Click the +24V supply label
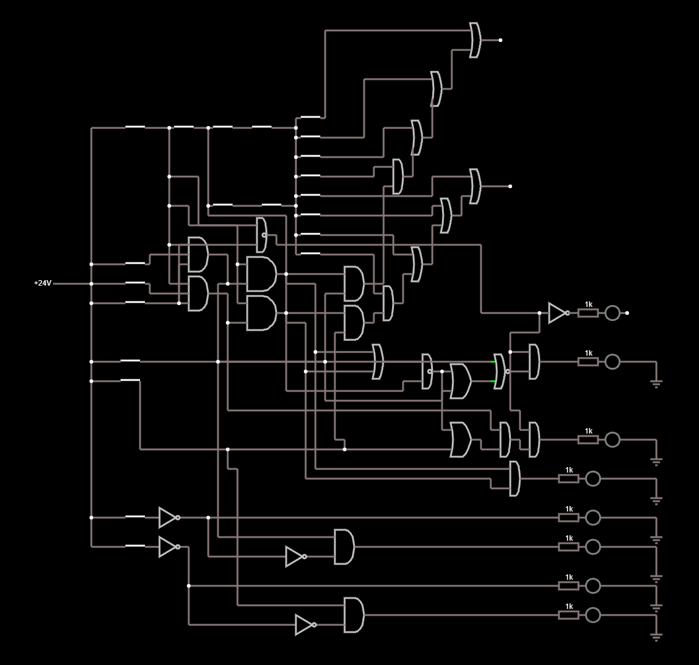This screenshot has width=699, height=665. (x=43, y=283)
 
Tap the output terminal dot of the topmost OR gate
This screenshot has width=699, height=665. (x=501, y=40)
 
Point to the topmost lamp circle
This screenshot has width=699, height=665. (x=613, y=313)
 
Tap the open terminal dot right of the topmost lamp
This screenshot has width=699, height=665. (x=627, y=313)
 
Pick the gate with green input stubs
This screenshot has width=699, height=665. (x=499, y=371)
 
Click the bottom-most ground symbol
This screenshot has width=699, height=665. (x=656, y=636)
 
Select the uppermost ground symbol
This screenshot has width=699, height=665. (x=656, y=383)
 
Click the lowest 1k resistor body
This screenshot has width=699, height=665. (x=569, y=615)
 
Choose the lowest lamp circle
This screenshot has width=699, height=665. (x=593, y=615)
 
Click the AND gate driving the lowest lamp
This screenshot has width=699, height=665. (x=354, y=615)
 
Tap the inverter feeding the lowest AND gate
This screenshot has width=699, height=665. (x=304, y=625)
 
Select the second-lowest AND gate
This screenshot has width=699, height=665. (x=344, y=547)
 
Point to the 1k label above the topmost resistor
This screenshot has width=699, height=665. (x=588, y=304)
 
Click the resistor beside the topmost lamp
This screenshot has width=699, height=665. (x=588, y=313)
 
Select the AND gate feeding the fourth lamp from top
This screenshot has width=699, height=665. (x=515, y=479)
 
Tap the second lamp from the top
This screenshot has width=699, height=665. (x=613, y=362)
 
